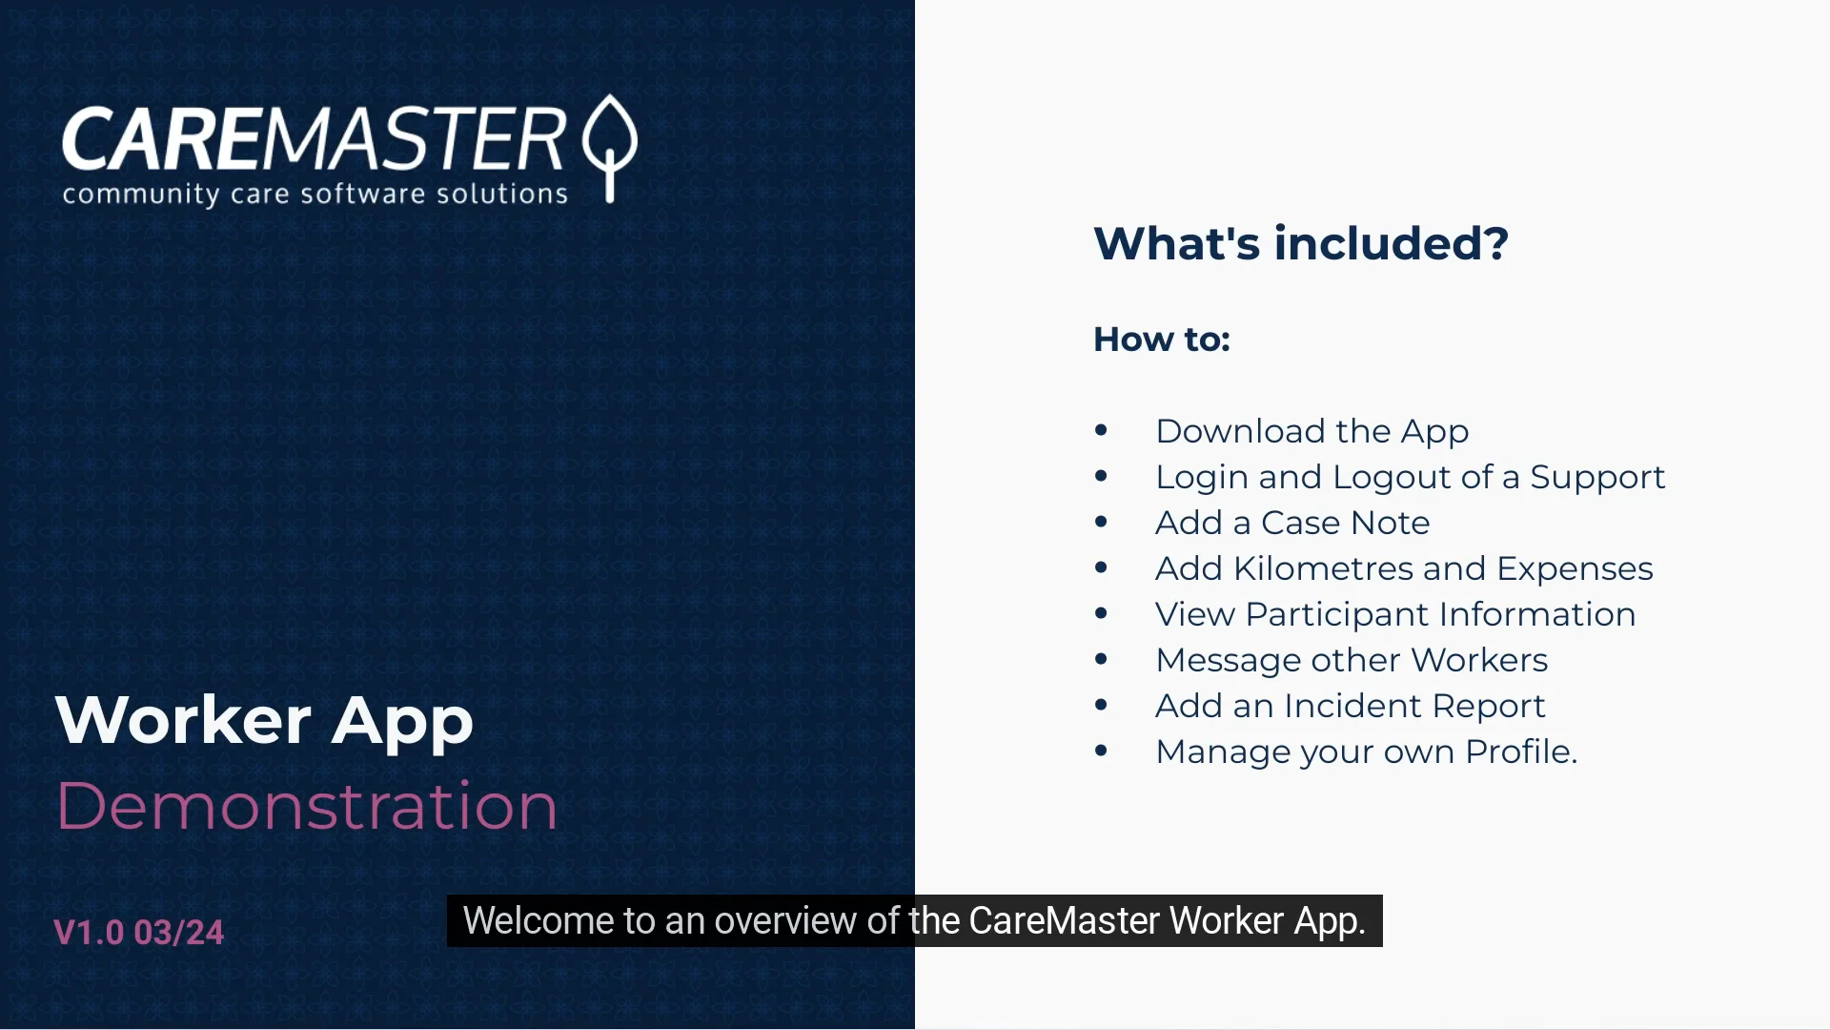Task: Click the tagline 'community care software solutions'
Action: tap(315, 195)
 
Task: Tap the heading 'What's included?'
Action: tap(1300, 243)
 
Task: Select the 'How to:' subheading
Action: tap(1161, 340)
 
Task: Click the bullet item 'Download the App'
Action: tap(1311, 431)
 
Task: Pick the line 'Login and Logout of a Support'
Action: tap(1410, 477)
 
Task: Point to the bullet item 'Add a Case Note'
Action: tap(1292, 523)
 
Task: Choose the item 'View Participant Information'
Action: tap(1395, 614)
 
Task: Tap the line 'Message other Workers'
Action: tap(1352, 660)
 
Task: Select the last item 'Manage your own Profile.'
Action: tap(1367, 752)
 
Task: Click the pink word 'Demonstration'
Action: tap(307, 806)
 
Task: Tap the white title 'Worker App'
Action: tap(264, 720)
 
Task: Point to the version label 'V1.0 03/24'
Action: tap(139, 933)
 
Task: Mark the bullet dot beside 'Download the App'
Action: tap(1101, 430)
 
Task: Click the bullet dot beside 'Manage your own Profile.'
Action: tap(1101, 751)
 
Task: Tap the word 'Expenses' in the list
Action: tap(1575, 568)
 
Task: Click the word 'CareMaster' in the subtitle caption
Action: tap(1064, 921)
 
